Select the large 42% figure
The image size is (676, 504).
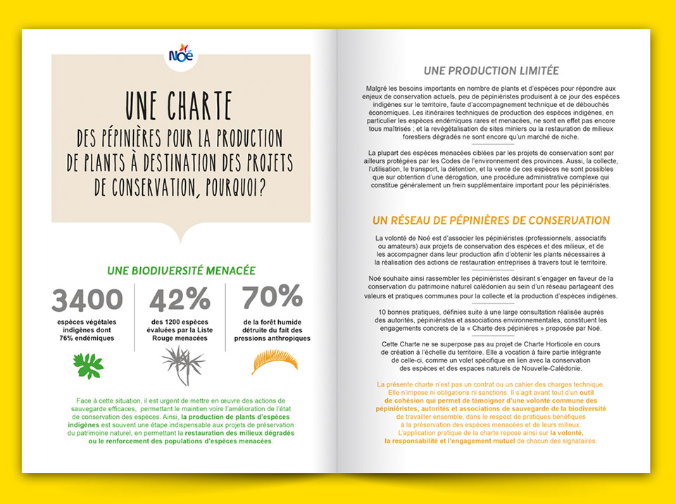[x=180, y=301]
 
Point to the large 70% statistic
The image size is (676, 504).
[x=272, y=298]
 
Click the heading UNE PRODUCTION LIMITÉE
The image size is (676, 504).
[x=492, y=70]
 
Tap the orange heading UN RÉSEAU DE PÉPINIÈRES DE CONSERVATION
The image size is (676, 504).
[x=492, y=220]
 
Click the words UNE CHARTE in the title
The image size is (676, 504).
[x=179, y=107]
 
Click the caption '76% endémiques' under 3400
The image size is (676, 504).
[x=87, y=339]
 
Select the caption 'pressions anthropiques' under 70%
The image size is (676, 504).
[x=273, y=339]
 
